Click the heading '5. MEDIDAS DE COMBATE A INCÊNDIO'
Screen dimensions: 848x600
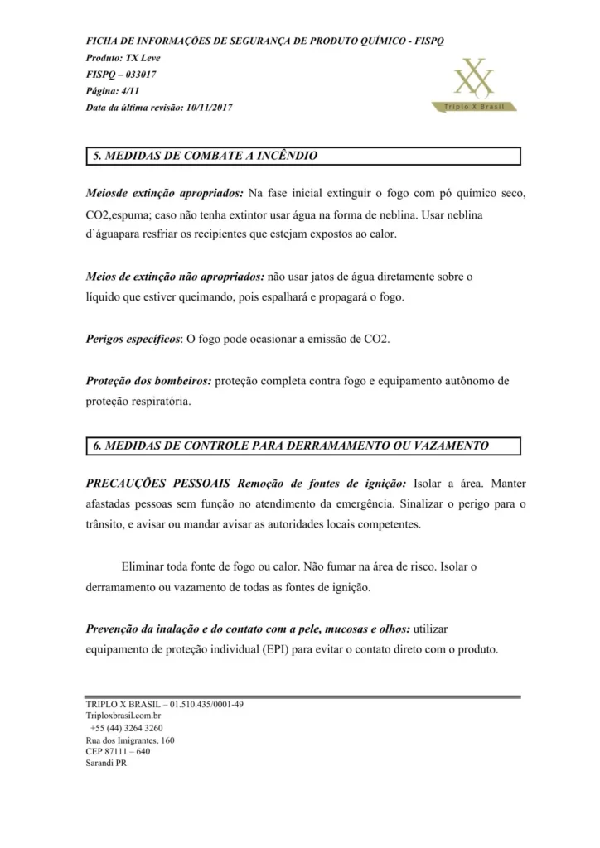click(x=205, y=156)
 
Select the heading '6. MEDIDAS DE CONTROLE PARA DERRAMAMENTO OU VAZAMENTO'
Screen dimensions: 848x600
click(x=291, y=446)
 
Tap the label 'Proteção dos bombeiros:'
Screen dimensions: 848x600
click(x=149, y=382)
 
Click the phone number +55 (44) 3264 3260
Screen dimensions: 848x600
click(x=127, y=728)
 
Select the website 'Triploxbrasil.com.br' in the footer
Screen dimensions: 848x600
click(x=123, y=716)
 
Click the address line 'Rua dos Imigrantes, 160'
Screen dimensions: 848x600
click(x=130, y=740)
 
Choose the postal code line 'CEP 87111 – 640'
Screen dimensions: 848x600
click(x=118, y=752)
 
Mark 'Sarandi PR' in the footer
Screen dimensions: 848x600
click(x=106, y=764)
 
